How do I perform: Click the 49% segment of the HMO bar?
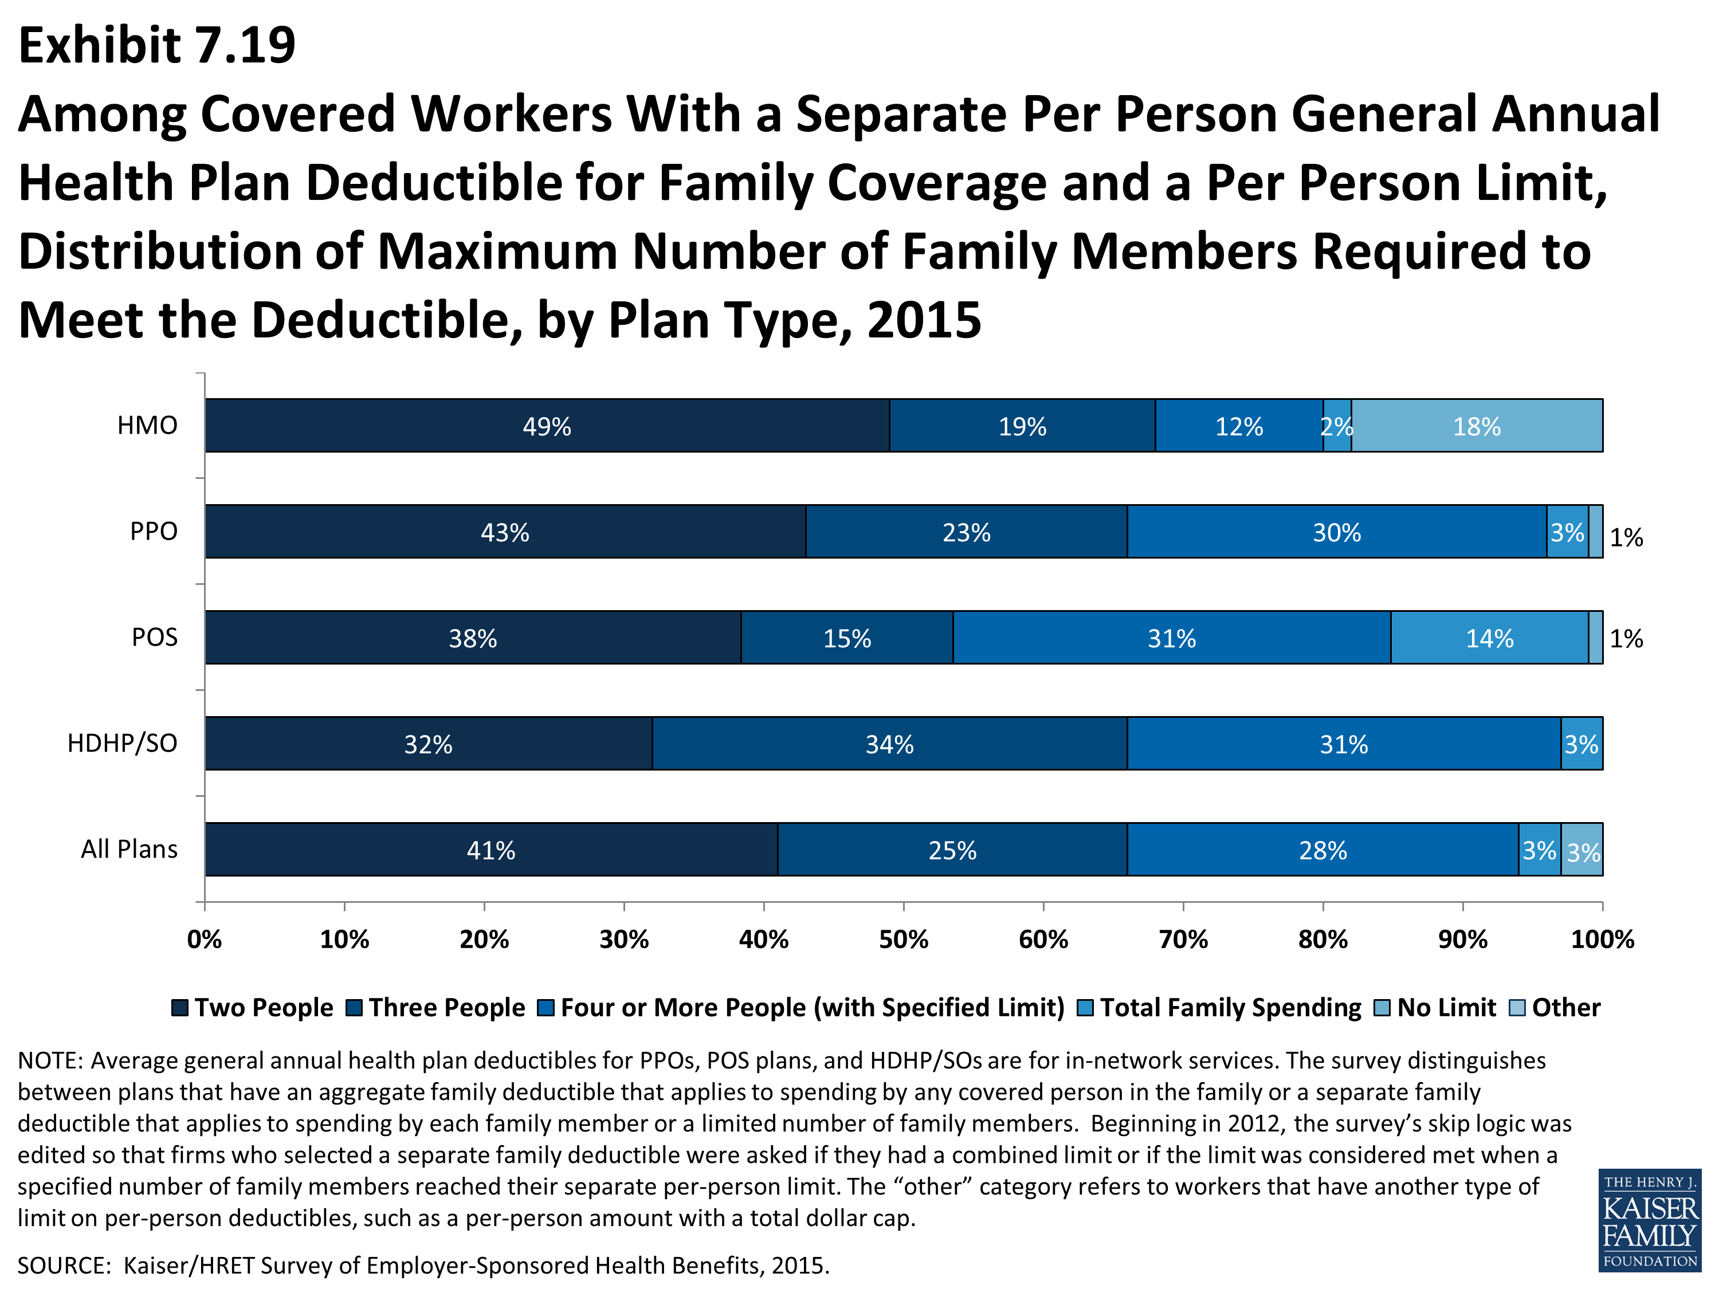(547, 425)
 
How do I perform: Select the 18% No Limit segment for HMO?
(1477, 425)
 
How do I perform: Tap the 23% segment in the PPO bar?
(966, 532)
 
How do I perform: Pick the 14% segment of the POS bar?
(1489, 637)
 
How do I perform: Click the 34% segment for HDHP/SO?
(890, 744)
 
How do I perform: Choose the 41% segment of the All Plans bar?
(491, 849)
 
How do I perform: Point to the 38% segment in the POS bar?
(473, 637)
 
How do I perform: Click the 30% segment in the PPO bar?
(1337, 532)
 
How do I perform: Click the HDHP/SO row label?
(122, 744)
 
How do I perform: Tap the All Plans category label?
(129, 849)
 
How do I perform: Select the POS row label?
(154, 637)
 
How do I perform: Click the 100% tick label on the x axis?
(1603, 940)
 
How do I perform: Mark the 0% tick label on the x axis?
(205, 940)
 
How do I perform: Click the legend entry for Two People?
(253, 1008)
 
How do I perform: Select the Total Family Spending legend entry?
(1219, 1008)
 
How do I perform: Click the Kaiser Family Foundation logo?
(1650, 1220)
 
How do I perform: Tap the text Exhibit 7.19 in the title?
(157, 45)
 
